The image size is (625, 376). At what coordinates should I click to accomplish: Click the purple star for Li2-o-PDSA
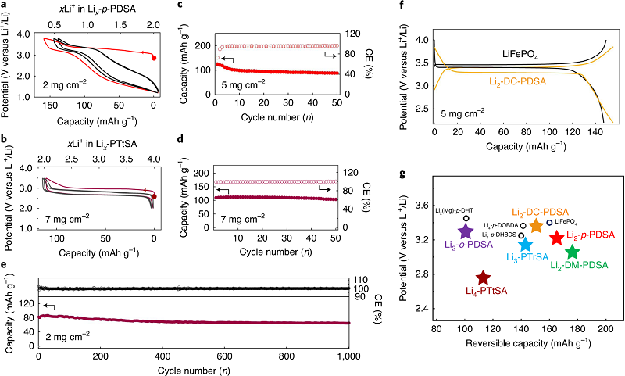pos(466,231)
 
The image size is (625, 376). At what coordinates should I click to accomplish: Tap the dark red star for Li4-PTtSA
pos(483,278)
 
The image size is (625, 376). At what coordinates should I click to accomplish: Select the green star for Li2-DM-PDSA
pos(572,252)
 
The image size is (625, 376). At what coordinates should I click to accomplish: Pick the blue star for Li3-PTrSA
pos(525,245)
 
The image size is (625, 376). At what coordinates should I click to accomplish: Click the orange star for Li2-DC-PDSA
pos(536,226)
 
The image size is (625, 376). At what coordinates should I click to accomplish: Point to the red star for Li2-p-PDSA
pos(557,238)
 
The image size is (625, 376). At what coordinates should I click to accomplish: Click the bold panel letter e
pos(5,266)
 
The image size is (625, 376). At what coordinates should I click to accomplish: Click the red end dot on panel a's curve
pos(153,58)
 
